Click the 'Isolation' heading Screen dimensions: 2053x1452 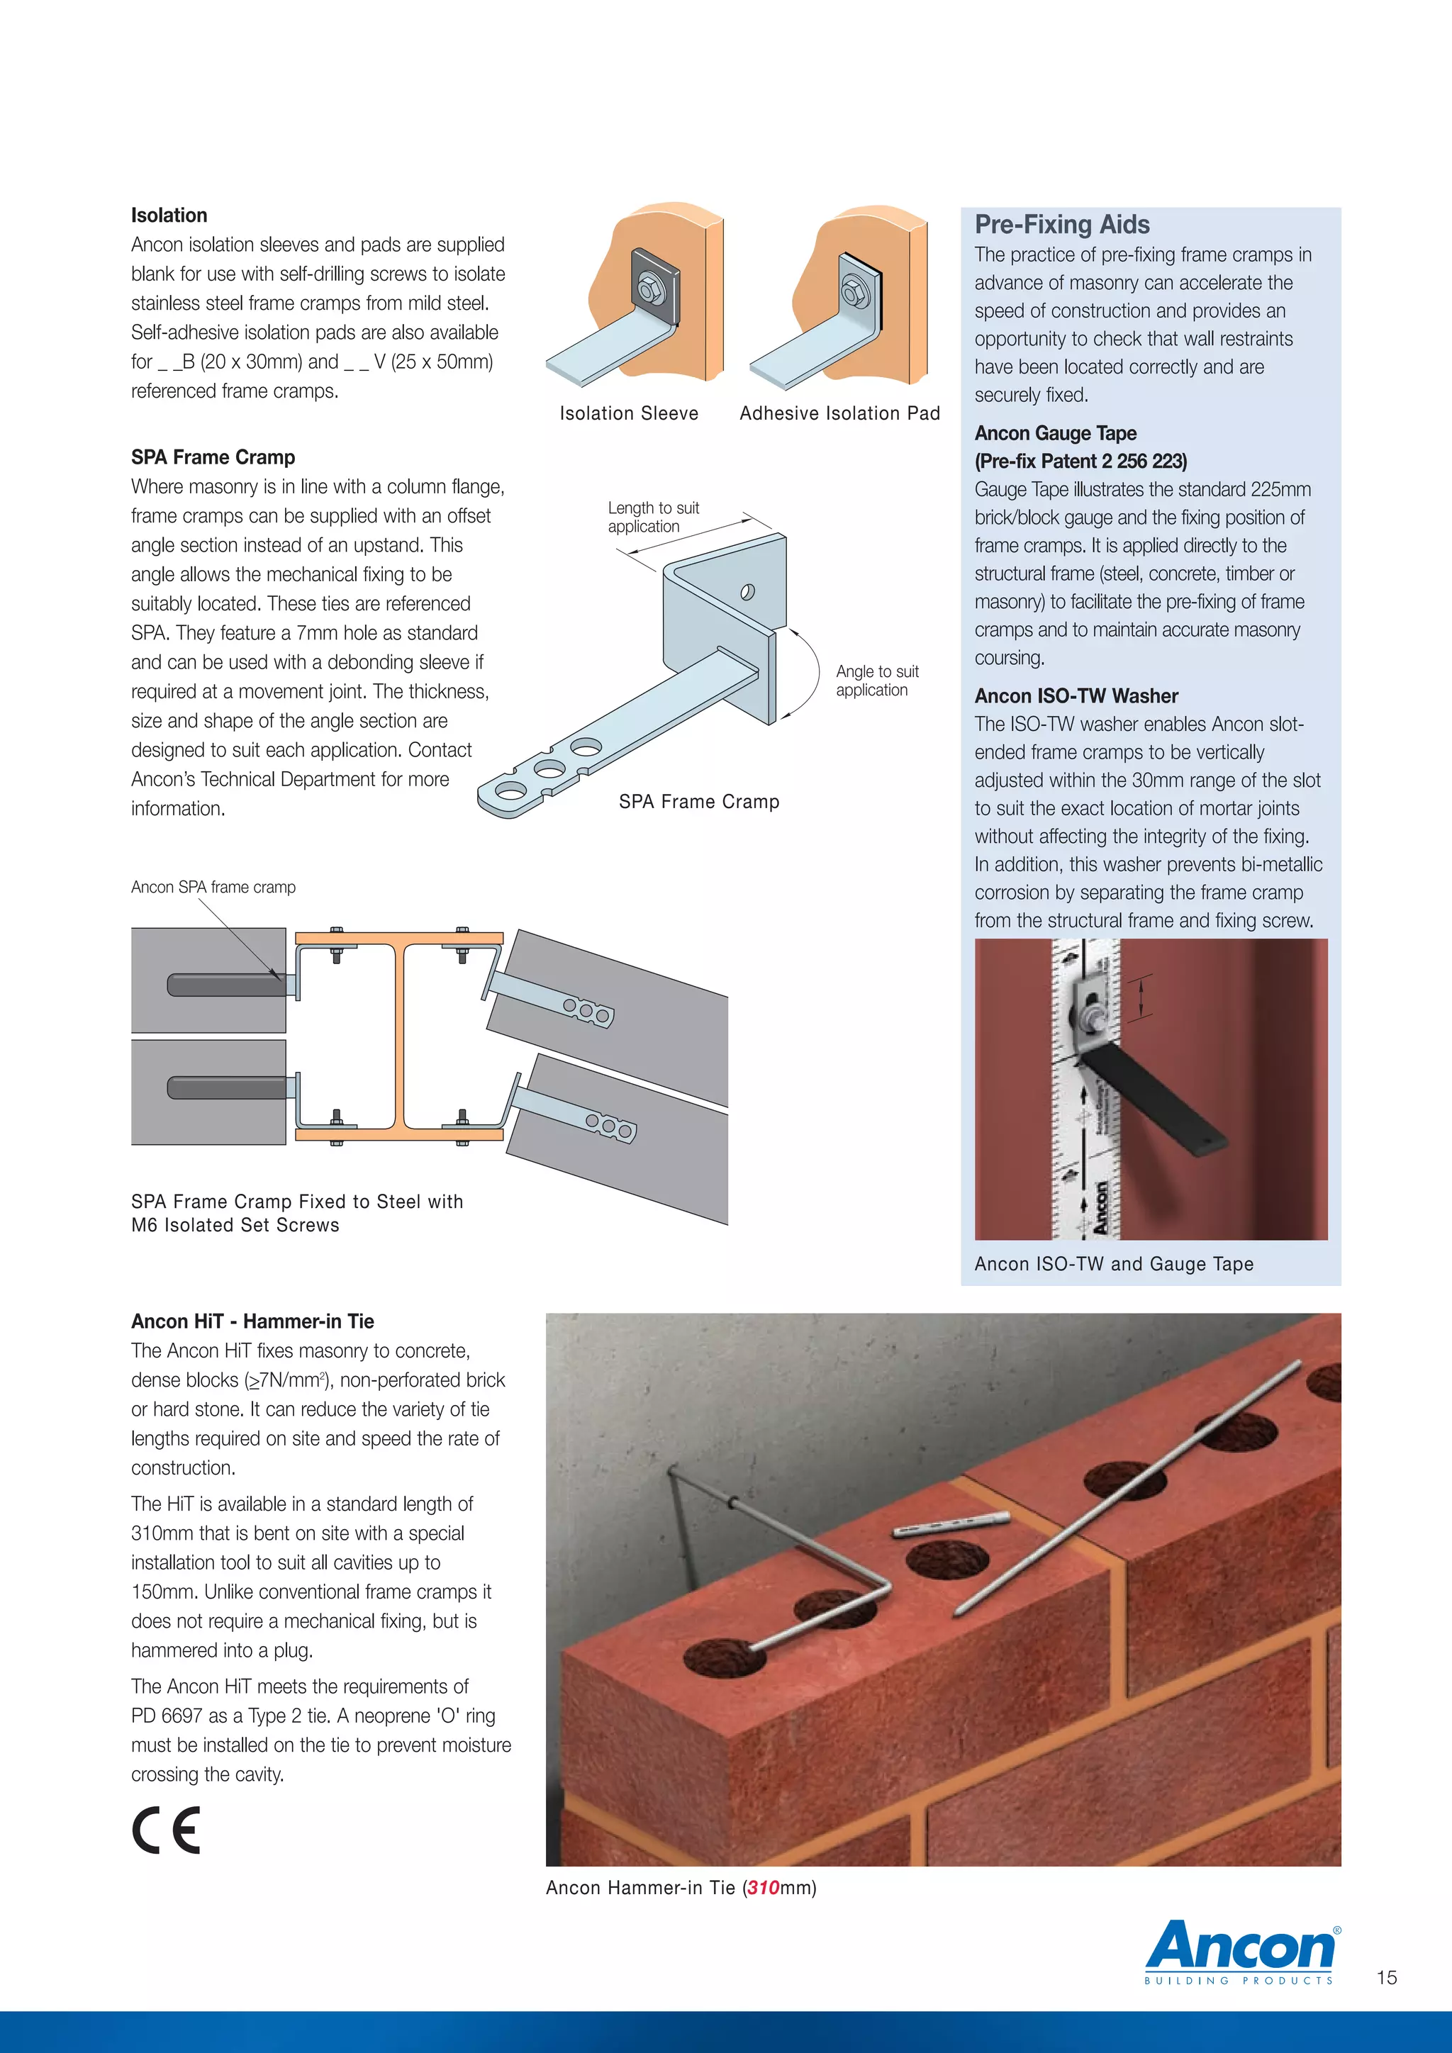tap(169, 216)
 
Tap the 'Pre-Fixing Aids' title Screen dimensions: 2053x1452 tap(1061, 225)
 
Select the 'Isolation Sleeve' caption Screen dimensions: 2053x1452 tap(629, 413)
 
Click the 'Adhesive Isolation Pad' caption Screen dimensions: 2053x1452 tap(839, 413)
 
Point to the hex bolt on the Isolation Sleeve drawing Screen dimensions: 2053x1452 tap(646, 288)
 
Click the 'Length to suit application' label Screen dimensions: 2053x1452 tap(653, 517)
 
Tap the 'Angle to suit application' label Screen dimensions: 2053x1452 tap(876, 681)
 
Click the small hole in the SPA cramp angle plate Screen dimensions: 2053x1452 tap(747, 591)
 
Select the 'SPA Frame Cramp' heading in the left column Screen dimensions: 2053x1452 tap(213, 457)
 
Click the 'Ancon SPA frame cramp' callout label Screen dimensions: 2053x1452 tap(213, 887)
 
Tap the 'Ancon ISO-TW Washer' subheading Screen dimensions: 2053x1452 tap(1076, 695)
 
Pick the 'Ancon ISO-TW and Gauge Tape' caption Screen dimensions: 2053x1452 tap(1113, 1263)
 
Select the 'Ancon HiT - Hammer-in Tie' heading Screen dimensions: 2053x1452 tap(252, 1321)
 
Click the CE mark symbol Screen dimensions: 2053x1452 tap(167, 1830)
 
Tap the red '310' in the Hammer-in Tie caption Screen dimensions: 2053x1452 tap(763, 1888)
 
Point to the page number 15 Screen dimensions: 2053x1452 tap(1386, 1977)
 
